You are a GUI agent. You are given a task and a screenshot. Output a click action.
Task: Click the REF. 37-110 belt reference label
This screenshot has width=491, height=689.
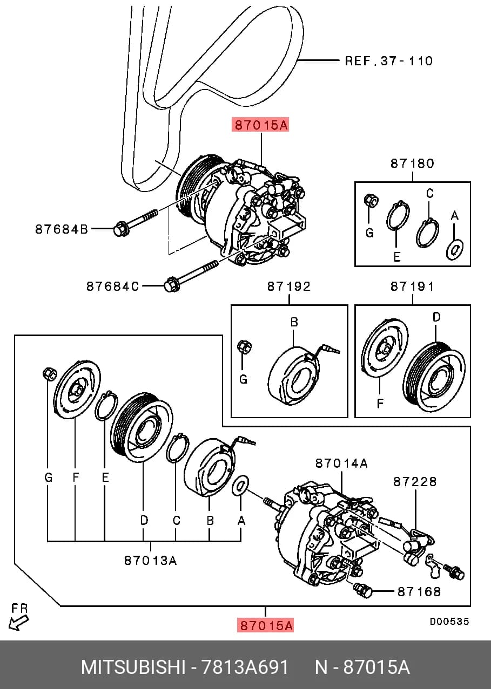click(x=389, y=61)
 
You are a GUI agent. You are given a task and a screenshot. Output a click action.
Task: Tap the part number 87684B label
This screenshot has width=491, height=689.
click(x=62, y=229)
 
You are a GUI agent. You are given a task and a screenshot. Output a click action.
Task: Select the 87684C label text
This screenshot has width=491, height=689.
click(x=113, y=286)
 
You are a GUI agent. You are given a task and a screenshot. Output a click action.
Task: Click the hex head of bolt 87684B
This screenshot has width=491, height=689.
click(x=119, y=229)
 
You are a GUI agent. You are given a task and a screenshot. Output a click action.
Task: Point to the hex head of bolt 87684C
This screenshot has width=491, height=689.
click(x=171, y=284)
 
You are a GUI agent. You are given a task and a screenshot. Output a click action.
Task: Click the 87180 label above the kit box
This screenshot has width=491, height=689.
click(x=413, y=163)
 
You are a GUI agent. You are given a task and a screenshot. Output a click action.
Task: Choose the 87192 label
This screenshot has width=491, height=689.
click(x=289, y=286)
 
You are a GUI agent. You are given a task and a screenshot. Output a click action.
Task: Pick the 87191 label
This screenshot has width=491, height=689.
click(x=413, y=286)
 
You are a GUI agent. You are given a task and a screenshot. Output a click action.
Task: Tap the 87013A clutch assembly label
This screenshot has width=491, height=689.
click(x=151, y=561)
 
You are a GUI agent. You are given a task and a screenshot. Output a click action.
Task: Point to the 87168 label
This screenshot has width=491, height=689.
click(x=419, y=591)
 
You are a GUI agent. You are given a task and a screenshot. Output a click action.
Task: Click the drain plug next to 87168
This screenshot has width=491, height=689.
click(x=362, y=590)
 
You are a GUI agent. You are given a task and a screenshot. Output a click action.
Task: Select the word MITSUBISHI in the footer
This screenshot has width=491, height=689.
click(x=133, y=667)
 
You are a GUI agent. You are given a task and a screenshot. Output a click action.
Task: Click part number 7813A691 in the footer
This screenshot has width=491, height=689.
click(x=245, y=667)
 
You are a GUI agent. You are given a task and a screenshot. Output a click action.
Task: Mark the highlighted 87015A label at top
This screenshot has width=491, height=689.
click(x=260, y=125)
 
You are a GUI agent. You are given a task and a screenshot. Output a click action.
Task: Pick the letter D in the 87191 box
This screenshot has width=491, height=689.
click(x=436, y=317)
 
